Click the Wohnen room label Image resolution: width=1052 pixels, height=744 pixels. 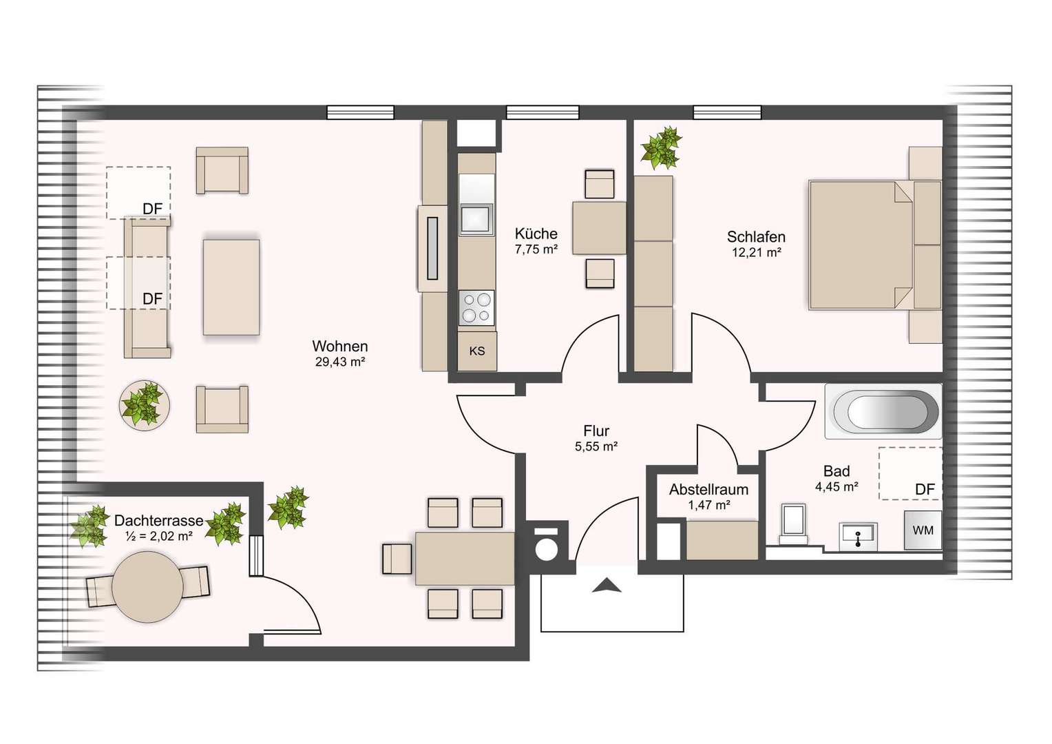[340, 347]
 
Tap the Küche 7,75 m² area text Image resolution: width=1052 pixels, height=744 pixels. [536, 249]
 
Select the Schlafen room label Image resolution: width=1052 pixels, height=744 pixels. [756, 236]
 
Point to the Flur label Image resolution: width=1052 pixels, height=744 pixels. [596, 431]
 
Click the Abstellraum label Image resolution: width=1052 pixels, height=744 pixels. [708, 489]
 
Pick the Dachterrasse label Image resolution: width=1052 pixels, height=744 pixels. [159, 520]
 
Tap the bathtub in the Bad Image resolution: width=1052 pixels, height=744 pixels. [883, 411]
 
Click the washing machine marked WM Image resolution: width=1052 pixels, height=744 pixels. [923, 530]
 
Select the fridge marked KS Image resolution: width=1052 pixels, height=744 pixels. [477, 351]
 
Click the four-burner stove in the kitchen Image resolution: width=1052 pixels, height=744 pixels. [476, 307]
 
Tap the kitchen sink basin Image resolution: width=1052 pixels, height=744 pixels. [476, 219]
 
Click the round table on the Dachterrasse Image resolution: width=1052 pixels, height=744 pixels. [147, 587]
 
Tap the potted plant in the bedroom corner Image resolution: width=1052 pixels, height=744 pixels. [661, 147]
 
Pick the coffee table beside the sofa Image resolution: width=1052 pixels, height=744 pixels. [231, 287]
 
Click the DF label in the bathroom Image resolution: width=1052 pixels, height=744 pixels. [925, 490]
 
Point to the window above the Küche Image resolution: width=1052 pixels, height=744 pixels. [543, 112]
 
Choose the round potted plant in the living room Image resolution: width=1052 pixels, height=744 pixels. [145, 405]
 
